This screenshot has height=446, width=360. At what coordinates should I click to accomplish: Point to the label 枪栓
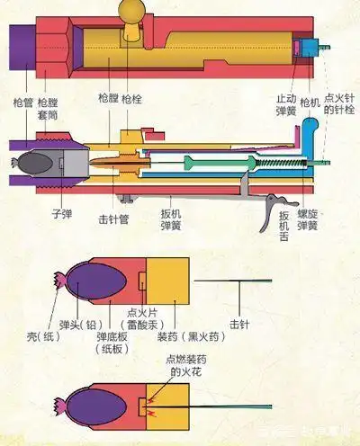click(x=131, y=96)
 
